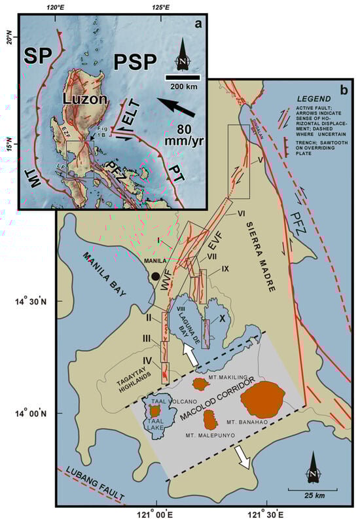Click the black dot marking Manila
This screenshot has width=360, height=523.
[x=155, y=277]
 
